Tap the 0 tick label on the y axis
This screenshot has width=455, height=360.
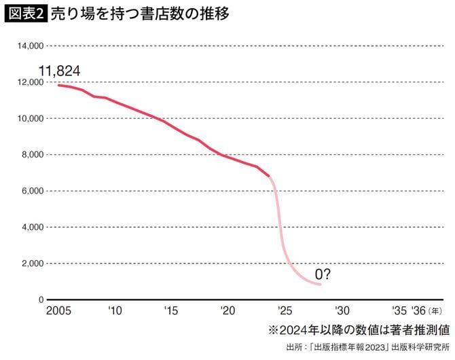coord(41,300)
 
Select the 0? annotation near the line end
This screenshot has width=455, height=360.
coord(323,274)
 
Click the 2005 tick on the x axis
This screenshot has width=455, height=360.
coord(59,311)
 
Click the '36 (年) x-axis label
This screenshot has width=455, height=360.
coord(424,311)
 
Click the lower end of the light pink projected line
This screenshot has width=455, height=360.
coord(321,285)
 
